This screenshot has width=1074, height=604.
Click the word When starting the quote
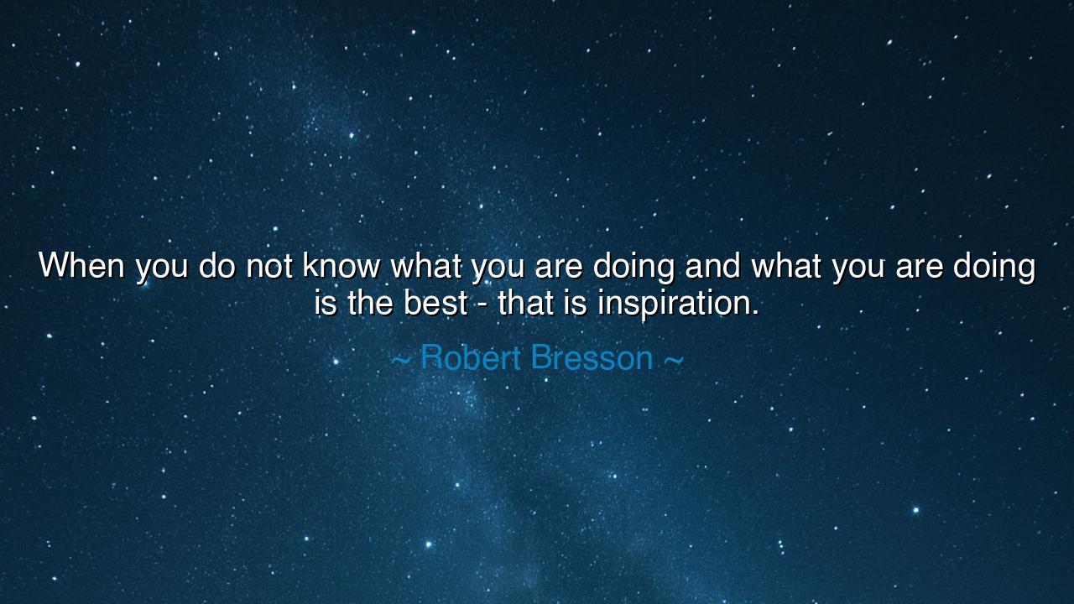tap(81, 266)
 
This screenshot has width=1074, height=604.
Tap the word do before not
tap(216, 266)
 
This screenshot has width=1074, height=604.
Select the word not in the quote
tap(269, 266)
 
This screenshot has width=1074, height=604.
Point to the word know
tap(341, 266)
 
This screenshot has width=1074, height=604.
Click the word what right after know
tap(426, 266)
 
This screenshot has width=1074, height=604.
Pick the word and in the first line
tap(712, 266)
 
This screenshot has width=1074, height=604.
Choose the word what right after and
tap(786, 266)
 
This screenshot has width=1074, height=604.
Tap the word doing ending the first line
tap(993, 268)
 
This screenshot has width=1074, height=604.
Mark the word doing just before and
tap(633, 268)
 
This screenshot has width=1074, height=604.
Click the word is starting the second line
tap(326, 303)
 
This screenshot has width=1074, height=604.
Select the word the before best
tap(370, 303)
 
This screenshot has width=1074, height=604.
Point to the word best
tap(435, 303)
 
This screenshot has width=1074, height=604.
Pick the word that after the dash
tap(525, 303)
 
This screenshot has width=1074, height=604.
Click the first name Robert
tap(471, 358)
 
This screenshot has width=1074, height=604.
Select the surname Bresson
tap(592, 358)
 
